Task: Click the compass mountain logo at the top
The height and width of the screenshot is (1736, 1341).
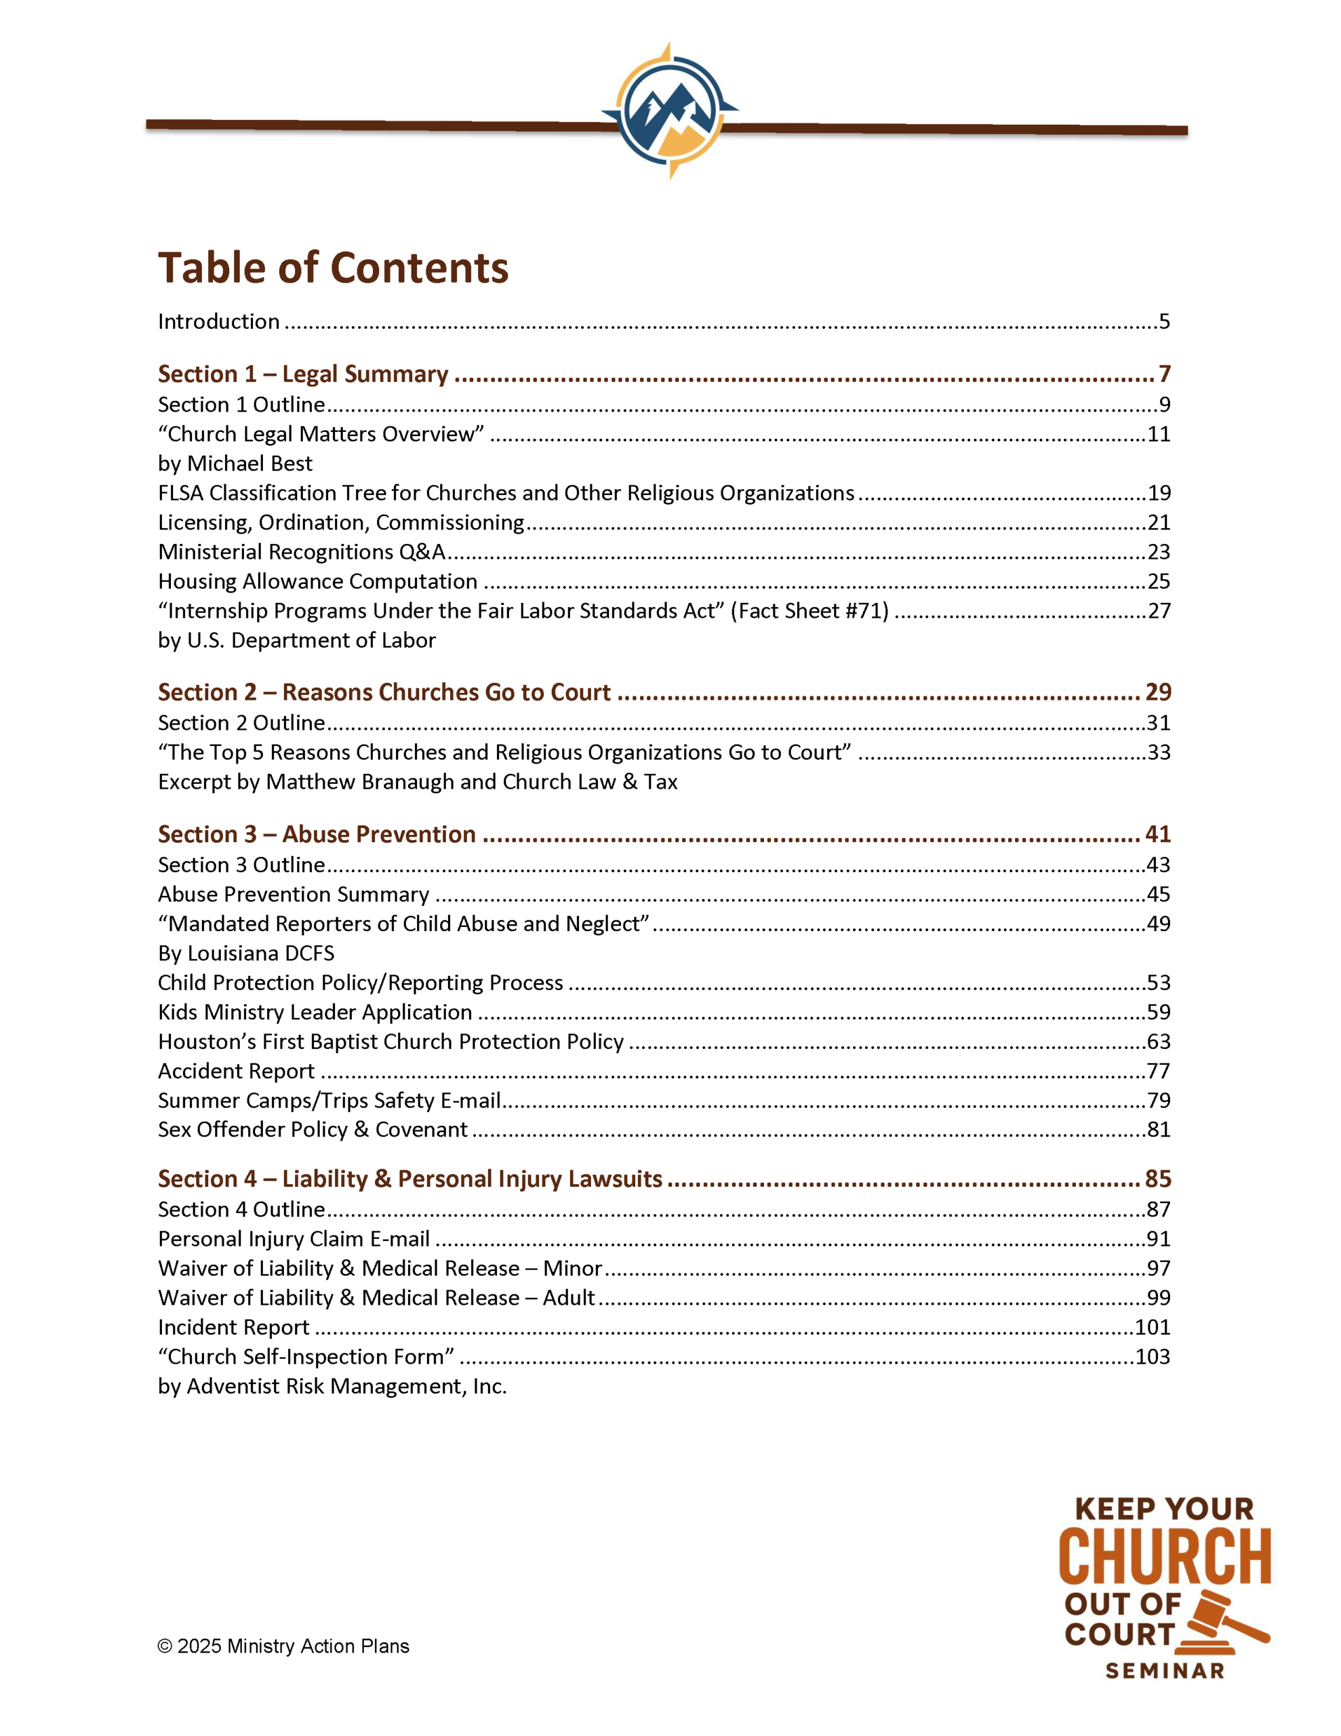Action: pos(670,110)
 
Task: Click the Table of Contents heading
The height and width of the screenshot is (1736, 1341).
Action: pos(333,268)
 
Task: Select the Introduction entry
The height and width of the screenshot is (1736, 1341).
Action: pos(218,322)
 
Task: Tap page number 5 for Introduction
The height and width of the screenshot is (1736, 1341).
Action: pos(1164,322)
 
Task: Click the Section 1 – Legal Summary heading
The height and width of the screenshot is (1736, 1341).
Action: pos(303,374)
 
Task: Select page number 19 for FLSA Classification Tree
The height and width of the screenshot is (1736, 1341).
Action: pos(1158,494)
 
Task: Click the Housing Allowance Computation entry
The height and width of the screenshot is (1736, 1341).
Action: pos(317,582)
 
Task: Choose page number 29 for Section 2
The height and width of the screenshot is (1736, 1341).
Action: pos(1157,692)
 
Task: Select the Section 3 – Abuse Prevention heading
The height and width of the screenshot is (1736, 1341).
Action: pos(317,835)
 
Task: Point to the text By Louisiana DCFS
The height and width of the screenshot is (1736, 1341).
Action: pos(245,954)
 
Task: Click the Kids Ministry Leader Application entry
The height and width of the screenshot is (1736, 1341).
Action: pos(315,1012)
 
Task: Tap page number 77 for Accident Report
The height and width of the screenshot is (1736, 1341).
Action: pos(1158,1071)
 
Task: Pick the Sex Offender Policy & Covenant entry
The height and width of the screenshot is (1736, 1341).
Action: pos(313,1130)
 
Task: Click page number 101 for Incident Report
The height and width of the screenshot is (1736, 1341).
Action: pos(1152,1328)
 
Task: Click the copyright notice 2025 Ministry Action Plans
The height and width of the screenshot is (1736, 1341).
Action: pos(284,1646)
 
